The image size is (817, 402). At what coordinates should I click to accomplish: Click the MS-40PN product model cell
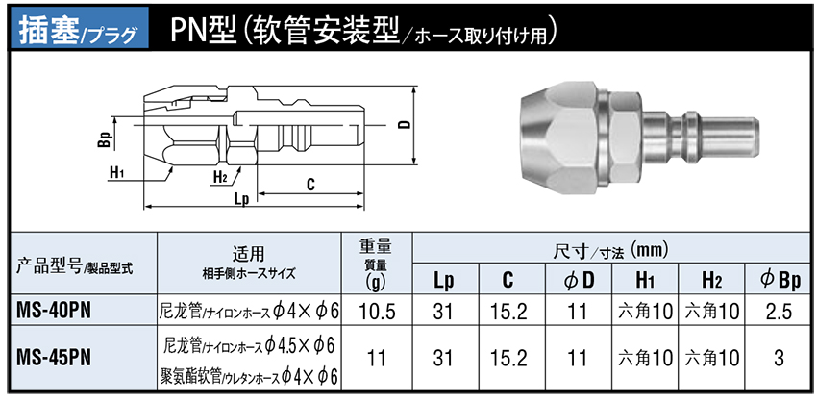point(55,312)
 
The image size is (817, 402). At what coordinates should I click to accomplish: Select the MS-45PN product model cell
point(55,357)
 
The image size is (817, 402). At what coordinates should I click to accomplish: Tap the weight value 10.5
point(377,312)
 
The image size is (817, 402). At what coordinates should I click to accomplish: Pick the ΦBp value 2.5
point(779,312)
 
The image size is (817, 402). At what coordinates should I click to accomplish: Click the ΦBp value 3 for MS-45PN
point(779,358)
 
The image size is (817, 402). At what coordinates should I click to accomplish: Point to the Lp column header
point(444,282)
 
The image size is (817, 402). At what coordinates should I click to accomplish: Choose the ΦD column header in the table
point(580,281)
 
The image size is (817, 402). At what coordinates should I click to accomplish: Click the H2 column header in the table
point(711,281)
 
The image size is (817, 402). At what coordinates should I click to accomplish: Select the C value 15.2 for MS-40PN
point(509,312)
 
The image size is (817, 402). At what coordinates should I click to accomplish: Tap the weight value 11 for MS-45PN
point(376,358)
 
